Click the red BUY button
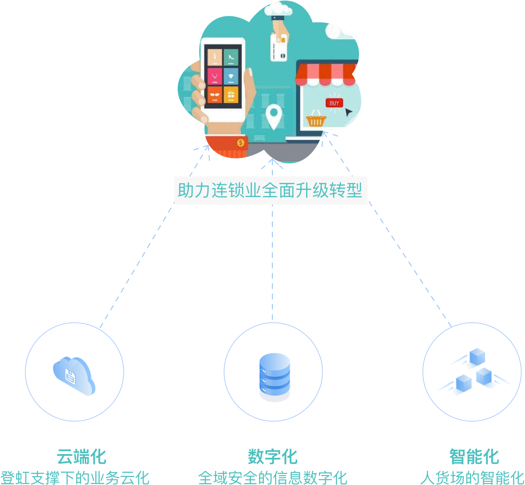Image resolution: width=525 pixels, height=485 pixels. [334, 103]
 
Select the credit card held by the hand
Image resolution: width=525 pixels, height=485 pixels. [279, 48]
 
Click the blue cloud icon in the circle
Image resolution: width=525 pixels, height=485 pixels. [74, 375]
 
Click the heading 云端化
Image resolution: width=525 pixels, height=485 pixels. [82, 456]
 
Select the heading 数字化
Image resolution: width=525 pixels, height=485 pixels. [273, 456]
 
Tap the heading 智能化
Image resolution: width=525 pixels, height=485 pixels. [474, 456]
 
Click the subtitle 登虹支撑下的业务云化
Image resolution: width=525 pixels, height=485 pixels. [75, 477]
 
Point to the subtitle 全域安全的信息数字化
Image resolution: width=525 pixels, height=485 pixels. [273, 477]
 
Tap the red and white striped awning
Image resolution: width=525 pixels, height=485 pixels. [325, 74]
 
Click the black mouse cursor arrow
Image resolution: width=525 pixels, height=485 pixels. [348, 112]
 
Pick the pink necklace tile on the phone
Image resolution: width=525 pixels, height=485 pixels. [215, 76]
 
